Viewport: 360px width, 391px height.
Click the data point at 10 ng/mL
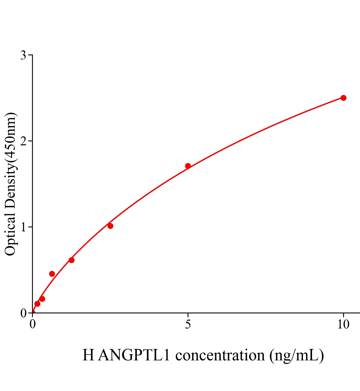tap(343, 98)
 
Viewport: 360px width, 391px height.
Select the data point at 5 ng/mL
tap(188, 166)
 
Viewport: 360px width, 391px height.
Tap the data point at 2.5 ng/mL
tap(110, 226)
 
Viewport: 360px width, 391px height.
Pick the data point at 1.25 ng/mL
tap(71, 260)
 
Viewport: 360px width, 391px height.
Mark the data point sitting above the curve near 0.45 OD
tap(52, 274)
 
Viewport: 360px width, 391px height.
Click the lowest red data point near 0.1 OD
tap(37, 304)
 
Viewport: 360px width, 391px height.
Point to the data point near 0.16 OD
tap(42, 299)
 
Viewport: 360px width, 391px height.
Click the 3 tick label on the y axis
tap(23, 55)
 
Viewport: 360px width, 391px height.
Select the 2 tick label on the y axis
tap(23, 141)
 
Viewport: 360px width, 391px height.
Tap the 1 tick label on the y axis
tap(23, 227)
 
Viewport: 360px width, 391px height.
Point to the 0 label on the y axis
tap(23, 313)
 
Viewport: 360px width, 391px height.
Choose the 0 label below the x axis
tap(33, 325)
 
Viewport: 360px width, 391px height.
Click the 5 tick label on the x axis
tap(188, 325)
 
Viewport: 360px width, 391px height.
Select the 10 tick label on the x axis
tap(343, 325)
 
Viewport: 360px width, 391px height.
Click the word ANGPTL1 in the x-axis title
tap(134, 355)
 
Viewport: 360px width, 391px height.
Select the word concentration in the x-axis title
tap(220, 355)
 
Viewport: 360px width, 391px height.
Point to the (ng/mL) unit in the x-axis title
tap(297, 355)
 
